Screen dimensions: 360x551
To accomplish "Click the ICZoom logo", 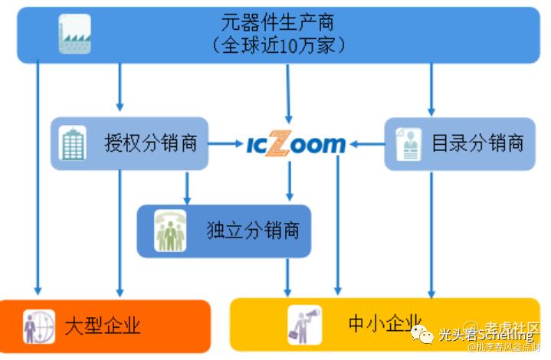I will [x=296, y=143].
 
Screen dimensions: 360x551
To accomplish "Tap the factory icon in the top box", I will [x=74, y=35].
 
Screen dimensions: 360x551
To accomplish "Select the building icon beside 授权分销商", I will [x=73, y=143].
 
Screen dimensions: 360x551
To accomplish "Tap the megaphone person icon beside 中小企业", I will [x=304, y=324].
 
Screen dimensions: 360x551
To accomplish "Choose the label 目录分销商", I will [x=477, y=143].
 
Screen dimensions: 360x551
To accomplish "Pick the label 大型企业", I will [x=103, y=326].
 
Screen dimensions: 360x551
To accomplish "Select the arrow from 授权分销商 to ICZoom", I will [x=225, y=143].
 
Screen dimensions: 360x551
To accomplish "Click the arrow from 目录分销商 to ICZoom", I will [x=366, y=143].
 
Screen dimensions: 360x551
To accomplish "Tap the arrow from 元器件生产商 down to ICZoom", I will [x=287, y=92].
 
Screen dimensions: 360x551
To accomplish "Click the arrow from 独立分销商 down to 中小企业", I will [x=287, y=277].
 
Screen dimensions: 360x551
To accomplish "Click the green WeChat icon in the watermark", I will [x=421, y=335].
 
